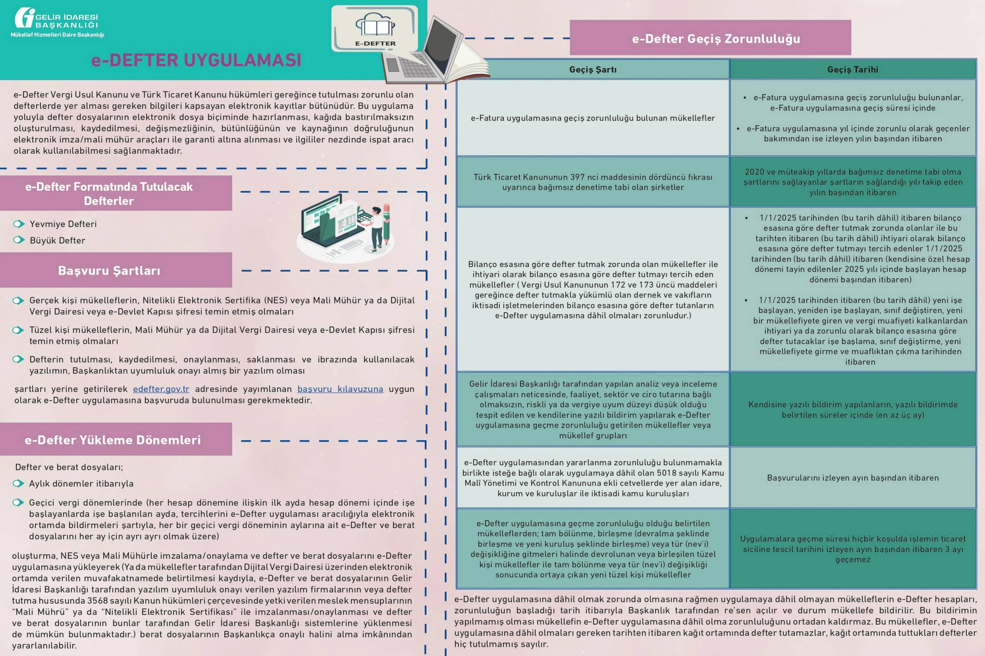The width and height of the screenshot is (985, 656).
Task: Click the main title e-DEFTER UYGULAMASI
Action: pos(196,60)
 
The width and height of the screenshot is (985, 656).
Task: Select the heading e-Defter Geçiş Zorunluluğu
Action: pos(716,38)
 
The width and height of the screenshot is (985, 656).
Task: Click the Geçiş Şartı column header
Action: pos(593,70)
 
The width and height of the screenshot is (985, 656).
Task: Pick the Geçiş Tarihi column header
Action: pos(853,70)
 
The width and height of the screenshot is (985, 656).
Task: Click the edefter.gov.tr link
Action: pos(161,389)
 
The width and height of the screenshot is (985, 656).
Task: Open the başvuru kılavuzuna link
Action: pos(340,389)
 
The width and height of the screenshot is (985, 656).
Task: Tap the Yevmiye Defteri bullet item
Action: pos(63,224)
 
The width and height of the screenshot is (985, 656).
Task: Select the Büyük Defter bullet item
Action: pos(57,241)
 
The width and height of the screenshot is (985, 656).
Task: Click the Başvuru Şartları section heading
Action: pos(109,271)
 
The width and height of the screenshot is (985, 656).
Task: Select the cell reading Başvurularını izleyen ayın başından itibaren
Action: pos(853,478)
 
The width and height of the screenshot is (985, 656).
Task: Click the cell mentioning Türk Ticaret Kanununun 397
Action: pos(593,182)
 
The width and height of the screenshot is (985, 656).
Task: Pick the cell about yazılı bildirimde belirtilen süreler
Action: pos(853,410)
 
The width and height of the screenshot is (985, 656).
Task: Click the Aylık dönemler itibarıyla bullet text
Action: pos(81,484)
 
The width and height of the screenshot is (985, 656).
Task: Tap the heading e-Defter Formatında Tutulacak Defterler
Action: pos(109,194)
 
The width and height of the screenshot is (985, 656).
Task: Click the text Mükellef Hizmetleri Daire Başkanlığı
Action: pos(57,35)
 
